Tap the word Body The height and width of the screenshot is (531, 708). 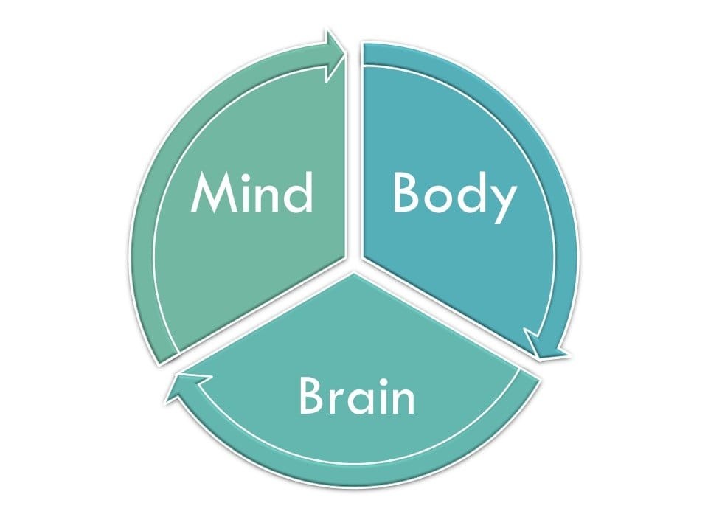[453, 194]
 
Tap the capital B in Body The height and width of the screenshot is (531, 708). [406, 193]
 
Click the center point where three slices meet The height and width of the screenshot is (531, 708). [354, 265]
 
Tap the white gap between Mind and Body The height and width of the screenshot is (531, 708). [354, 147]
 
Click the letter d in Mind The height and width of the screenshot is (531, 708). [299, 193]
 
